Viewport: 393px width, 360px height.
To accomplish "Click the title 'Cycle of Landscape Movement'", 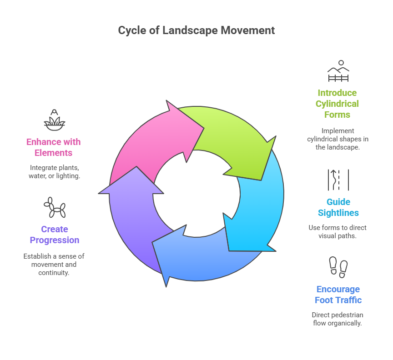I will point(196,30).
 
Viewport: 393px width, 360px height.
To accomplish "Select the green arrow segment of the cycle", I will point(232,136).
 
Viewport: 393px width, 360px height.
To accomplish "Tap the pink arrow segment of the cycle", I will point(146,141).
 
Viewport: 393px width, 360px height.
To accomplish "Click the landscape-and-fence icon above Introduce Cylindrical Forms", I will point(338,71).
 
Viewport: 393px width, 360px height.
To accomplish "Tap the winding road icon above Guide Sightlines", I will point(338,180).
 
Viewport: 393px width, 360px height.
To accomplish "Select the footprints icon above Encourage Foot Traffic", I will point(338,267).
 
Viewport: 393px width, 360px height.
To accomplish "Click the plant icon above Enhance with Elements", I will point(54,120).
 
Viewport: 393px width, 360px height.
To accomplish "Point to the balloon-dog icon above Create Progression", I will point(54,208).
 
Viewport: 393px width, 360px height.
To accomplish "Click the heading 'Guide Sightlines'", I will point(338,207).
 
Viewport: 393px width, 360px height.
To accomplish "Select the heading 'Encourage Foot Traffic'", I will point(338,295).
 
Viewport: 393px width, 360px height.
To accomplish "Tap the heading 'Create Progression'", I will point(54,235).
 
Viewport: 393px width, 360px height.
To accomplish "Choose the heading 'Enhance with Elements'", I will point(53,147).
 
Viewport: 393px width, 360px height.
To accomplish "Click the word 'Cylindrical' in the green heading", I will point(338,104).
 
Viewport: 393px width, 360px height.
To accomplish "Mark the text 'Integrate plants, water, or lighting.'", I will point(54,171).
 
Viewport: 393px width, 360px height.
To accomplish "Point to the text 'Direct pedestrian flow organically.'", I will point(338,319).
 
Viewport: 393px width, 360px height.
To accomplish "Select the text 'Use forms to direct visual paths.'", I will point(338,232).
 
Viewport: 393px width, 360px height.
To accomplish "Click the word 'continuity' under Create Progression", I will point(54,273).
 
